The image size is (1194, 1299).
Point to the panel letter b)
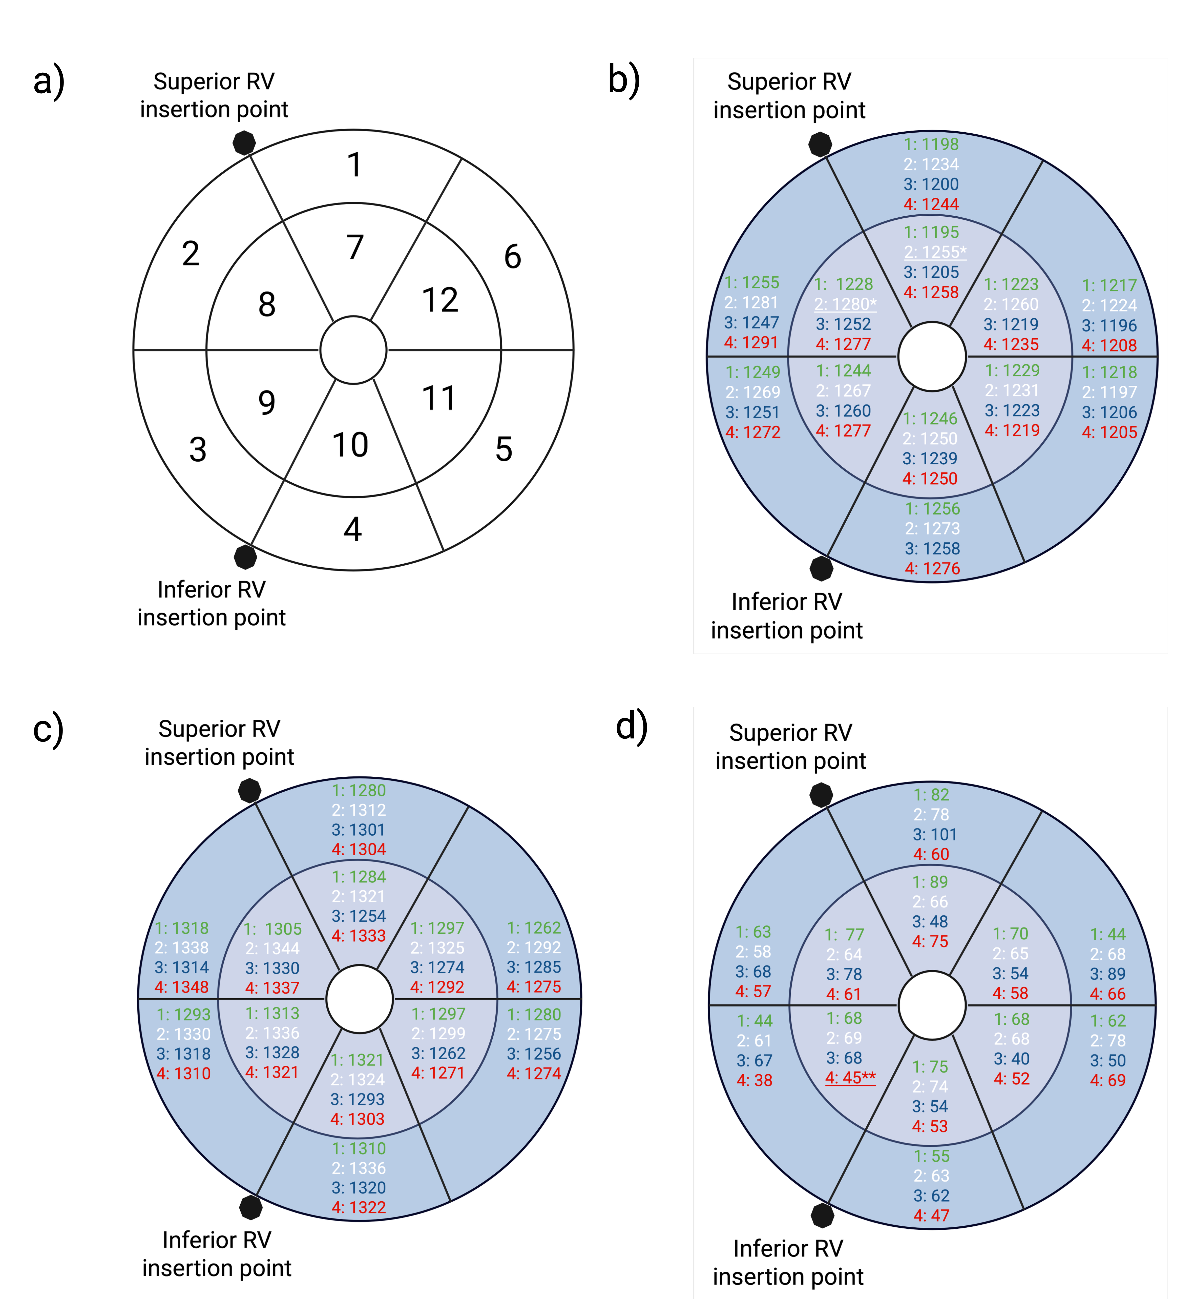point(623,80)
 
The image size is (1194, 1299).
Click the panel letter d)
point(631,726)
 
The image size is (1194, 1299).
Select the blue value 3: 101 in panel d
point(934,834)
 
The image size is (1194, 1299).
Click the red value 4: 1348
point(182,987)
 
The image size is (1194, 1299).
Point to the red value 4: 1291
point(751,342)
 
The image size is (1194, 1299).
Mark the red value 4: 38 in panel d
point(754,1080)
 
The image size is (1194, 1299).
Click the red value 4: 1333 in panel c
point(359,936)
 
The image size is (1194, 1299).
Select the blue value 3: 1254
point(359,916)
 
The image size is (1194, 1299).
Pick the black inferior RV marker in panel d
point(822,1215)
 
